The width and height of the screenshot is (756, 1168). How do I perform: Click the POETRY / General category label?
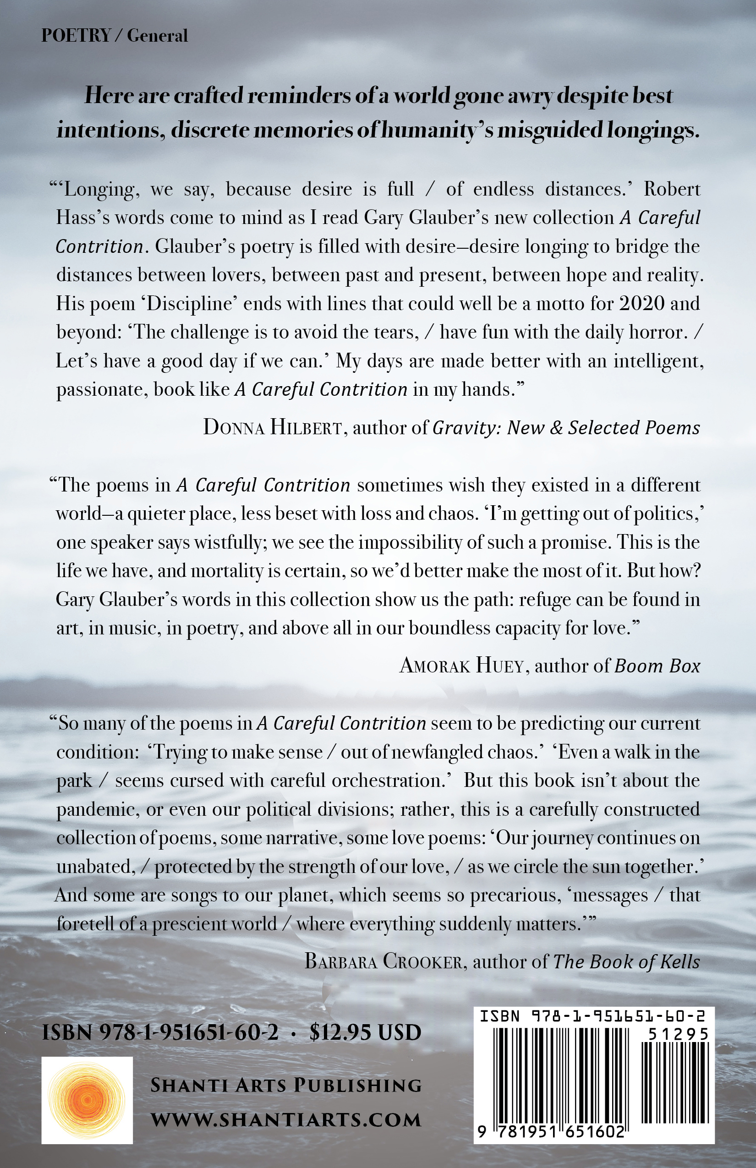(115, 36)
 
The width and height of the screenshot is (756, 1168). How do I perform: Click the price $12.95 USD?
(365, 1032)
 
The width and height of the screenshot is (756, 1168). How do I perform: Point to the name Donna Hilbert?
(273, 428)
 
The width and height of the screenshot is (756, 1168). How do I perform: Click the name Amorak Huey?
(461, 666)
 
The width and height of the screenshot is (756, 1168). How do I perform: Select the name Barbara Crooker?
(383, 961)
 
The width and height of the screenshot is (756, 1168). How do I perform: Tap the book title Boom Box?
(657, 666)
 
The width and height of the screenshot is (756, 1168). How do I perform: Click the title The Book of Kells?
(626, 961)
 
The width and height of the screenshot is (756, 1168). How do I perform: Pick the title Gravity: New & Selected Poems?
(565, 428)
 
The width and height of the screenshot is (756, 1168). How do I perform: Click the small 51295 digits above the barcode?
(678, 1035)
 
